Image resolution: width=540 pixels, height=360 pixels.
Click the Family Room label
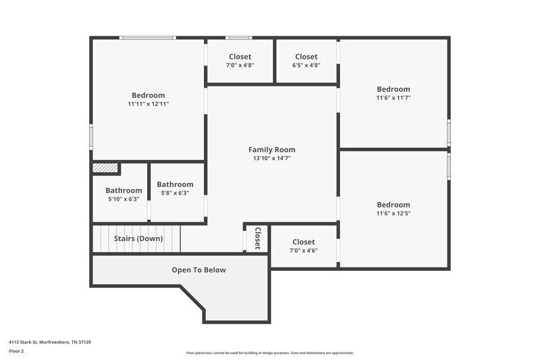pyautogui.click(x=271, y=150)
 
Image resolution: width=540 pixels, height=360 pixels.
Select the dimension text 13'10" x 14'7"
pyautogui.click(x=271, y=159)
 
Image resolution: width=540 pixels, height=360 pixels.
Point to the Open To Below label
pyautogui.click(x=198, y=270)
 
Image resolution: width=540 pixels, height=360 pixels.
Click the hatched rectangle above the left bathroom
pyautogui.click(x=105, y=168)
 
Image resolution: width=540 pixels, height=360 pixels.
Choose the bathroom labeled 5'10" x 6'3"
pyautogui.click(x=124, y=195)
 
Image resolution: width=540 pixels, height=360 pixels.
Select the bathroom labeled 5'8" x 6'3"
pyautogui.click(x=175, y=188)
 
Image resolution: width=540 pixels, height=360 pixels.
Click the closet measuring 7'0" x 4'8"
pyautogui.click(x=240, y=61)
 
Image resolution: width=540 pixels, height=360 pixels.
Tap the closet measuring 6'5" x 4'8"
pyautogui.click(x=306, y=61)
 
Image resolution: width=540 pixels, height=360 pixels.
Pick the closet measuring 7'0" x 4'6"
pyautogui.click(x=303, y=246)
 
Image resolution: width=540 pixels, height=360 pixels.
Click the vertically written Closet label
pyautogui.click(x=257, y=238)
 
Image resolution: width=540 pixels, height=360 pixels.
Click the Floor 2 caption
pyautogui.click(x=16, y=352)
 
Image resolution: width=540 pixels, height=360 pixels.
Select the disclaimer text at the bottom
pyautogui.click(x=269, y=353)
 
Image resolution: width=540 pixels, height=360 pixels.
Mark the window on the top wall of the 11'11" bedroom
pyautogui.click(x=148, y=38)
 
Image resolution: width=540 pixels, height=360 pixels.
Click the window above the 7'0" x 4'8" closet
pyautogui.click(x=238, y=38)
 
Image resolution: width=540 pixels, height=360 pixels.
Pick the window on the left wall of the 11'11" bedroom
pyautogui.click(x=91, y=135)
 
